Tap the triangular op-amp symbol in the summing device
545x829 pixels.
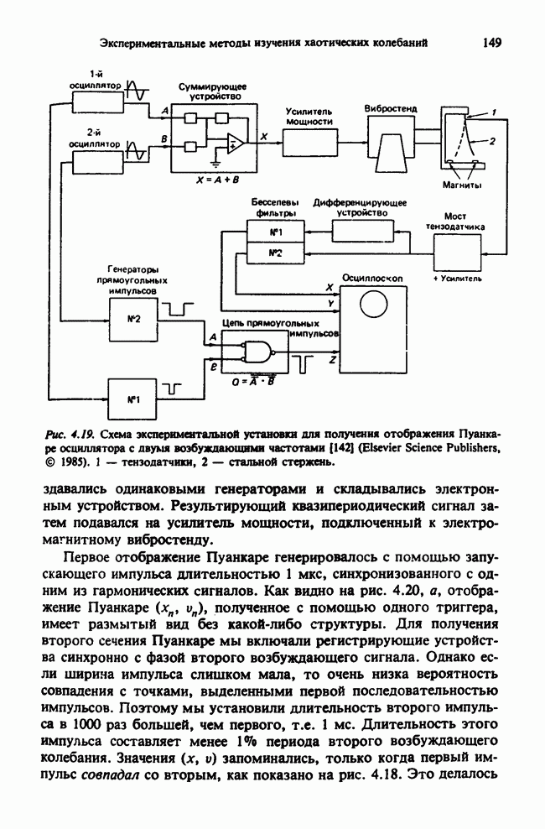236,142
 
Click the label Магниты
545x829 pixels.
459,185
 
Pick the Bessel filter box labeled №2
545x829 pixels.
275,252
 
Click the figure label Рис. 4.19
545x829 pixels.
74,435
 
